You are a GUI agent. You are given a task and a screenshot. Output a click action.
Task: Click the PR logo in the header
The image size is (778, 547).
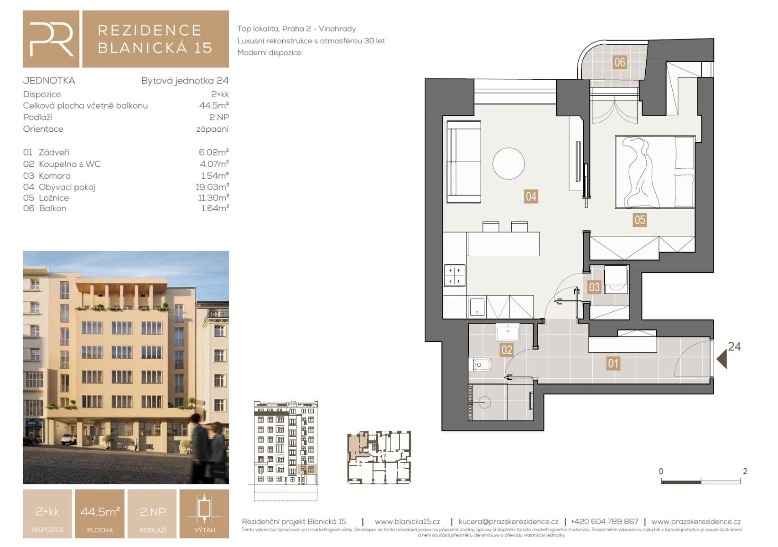pos(51,39)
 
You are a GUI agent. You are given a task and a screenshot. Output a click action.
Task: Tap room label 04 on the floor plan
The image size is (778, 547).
pos(530,196)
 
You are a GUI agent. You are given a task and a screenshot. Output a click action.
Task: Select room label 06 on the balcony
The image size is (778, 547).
pos(619,62)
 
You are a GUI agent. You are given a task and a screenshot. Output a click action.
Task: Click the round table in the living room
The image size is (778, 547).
pos(508,163)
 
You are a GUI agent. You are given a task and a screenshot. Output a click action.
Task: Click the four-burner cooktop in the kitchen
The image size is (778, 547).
pos(454,276)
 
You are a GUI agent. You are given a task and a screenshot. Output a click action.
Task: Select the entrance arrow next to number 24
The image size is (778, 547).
pos(721,359)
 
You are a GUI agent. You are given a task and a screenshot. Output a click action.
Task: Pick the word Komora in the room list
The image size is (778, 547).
pos(54,175)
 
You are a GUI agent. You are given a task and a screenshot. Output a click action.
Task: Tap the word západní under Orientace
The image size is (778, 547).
pos(212,129)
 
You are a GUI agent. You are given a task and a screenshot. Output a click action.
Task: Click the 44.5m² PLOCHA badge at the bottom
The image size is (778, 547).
pos(99,514)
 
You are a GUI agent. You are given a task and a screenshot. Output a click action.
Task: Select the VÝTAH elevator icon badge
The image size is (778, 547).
pos(204,514)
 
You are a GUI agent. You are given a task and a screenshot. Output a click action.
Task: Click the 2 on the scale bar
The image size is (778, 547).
pos(745,471)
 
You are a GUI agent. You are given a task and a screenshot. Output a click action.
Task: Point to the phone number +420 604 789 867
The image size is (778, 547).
pos(604,521)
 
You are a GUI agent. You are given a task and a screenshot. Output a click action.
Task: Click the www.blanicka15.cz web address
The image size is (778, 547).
pos(407,521)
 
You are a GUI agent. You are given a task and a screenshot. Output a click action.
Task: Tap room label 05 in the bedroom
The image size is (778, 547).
pos(639,220)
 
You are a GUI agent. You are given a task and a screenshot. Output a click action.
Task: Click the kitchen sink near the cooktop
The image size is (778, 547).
pos(477,307)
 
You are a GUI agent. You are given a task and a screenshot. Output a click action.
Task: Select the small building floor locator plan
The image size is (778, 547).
pos(379,457)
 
